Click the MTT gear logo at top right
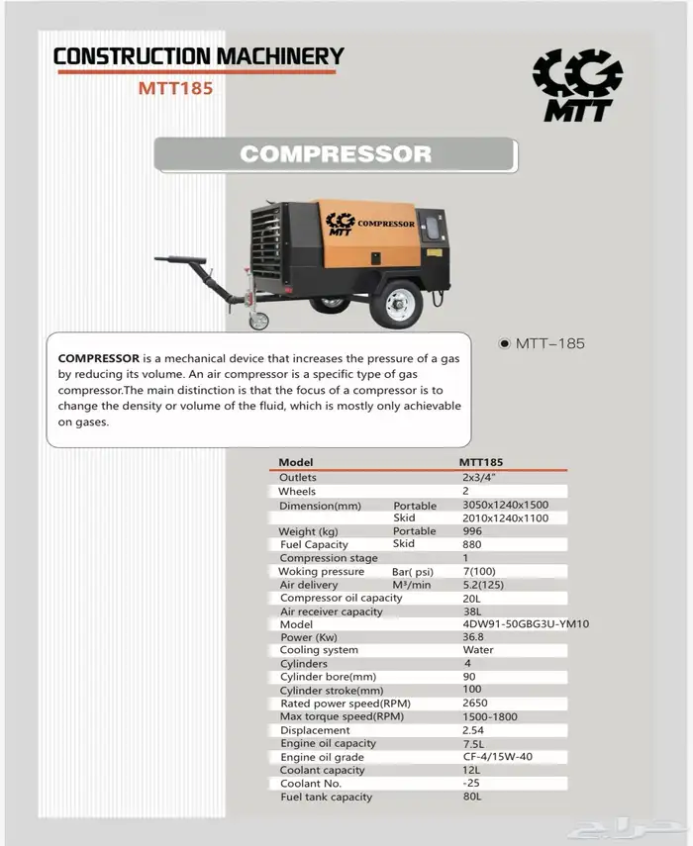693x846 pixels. tap(577, 84)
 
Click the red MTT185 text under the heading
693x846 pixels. tap(175, 87)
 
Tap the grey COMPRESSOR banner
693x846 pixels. tap(336, 154)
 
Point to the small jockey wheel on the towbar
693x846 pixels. tap(258, 321)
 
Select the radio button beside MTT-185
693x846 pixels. tap(505, 343)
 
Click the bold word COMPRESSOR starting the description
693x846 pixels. tap(98, 357)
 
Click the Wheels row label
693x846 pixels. tap(297, 491)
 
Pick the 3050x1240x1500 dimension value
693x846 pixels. tap(505, 505)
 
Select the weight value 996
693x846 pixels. tap(473, 531)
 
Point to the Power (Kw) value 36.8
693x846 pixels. tap(475, 637)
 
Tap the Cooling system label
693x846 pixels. tap(319, 650)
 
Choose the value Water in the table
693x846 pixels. tap(478, 650)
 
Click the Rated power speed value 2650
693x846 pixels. tap(476, 704)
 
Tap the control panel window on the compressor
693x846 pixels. tap(433, 224)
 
